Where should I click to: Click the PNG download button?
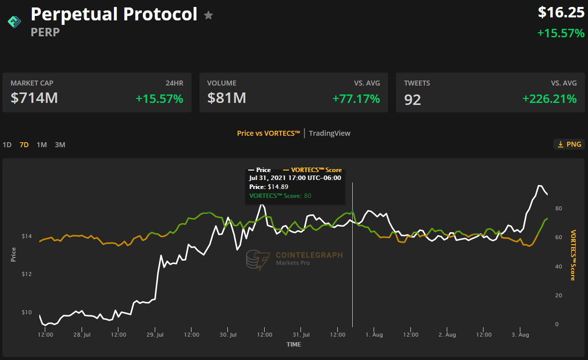tap(568, 144)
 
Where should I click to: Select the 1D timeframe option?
tap(7, 145)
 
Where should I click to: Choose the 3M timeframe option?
tap(60, 145)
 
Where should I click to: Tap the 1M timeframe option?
tap(42, 145)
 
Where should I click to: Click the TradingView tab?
tap(329, 133)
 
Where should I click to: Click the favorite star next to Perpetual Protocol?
tap(208, 15)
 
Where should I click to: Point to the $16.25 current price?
tap(561, 12)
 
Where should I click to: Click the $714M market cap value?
tap(34, 98)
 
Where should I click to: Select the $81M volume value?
tap(227, 98)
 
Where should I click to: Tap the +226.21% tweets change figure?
tap(549, 98)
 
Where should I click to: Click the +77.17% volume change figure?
tap(356, 98)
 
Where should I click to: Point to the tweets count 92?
tap(413, 99)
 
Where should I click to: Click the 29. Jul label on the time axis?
tap(155, 335)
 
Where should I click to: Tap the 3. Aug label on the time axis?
tap(520, 335)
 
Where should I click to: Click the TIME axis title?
tap(294, 344)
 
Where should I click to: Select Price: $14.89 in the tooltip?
tap(269, 186)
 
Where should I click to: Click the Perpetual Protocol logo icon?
tap(13, 21)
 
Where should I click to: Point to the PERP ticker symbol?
tap(45, 32)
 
